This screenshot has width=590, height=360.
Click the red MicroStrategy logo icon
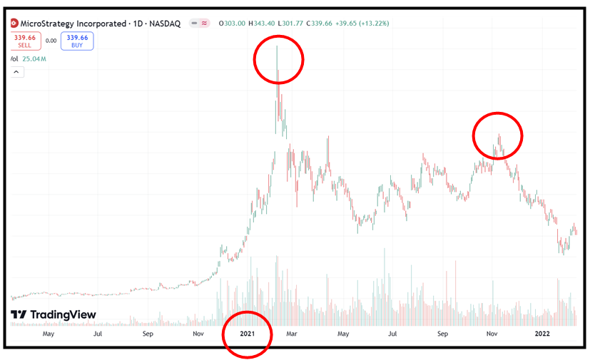14,23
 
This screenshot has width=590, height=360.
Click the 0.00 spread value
51,41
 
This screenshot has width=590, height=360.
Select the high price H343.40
265,23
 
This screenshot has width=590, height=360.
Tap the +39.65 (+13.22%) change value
375,23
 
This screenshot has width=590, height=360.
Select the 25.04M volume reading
34,58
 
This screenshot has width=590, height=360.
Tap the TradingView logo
54,314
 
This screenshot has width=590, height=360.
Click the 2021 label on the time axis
248,333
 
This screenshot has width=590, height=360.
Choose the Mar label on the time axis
292,333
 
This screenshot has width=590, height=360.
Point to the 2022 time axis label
543,333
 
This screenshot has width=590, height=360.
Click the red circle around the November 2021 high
498,135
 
